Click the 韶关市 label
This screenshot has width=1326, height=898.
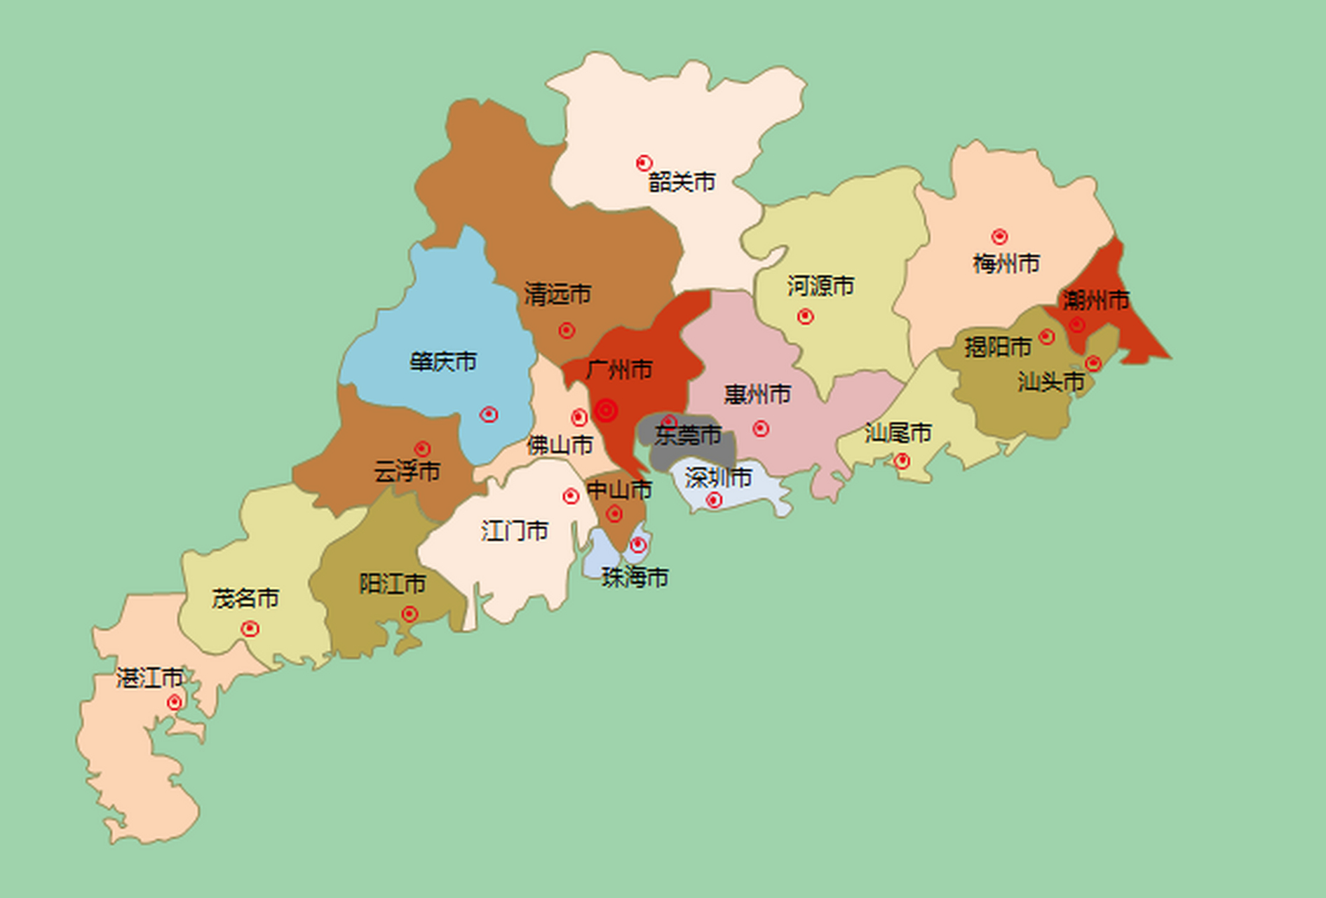682,182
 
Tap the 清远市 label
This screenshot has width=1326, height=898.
557,294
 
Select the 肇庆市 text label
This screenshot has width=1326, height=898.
443,362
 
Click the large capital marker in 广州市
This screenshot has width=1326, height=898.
606,410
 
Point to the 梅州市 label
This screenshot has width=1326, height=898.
1006,264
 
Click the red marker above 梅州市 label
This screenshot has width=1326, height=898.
999,236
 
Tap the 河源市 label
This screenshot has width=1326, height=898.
820,286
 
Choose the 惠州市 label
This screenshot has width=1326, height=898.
757,394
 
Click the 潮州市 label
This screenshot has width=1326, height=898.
1095,300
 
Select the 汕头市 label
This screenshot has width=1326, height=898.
1051,382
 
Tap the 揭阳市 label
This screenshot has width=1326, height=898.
997,347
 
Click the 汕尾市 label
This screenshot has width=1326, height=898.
898,433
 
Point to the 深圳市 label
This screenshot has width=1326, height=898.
718,478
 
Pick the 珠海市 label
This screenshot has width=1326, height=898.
635,577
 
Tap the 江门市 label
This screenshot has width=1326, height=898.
515,530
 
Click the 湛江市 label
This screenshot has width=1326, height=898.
149,678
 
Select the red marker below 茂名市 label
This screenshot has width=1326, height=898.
250,628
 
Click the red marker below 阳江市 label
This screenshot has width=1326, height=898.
410,615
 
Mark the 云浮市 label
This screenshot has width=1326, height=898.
407,471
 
